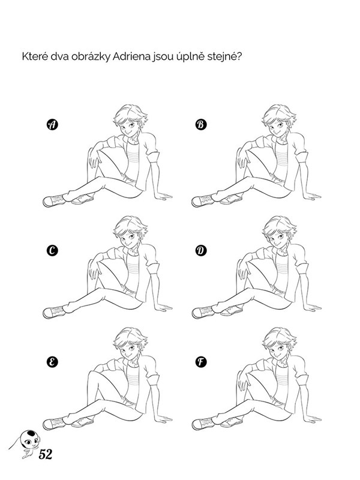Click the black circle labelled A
52,125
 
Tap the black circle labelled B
201,125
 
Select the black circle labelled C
52,251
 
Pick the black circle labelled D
201,251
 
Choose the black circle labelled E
52,362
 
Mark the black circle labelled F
201,362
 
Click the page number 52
46,455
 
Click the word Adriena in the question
131,57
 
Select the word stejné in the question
224,57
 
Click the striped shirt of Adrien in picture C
133,269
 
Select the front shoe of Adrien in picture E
53,424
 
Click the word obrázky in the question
91,57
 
